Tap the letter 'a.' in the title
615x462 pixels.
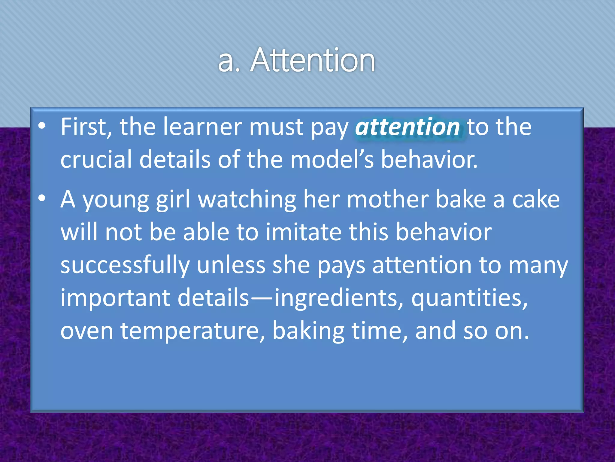click(229, 62)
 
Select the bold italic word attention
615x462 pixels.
click(407, 127)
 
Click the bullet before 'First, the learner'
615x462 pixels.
click(42, 126)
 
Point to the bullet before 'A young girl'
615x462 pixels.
click(42, 199)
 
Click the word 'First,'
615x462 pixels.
click(86, 127)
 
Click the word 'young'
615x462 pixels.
click(116, 200)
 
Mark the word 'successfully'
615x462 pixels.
click(125, 265)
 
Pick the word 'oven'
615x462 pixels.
click(87, 331)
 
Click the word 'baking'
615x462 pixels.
click(308, 331)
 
